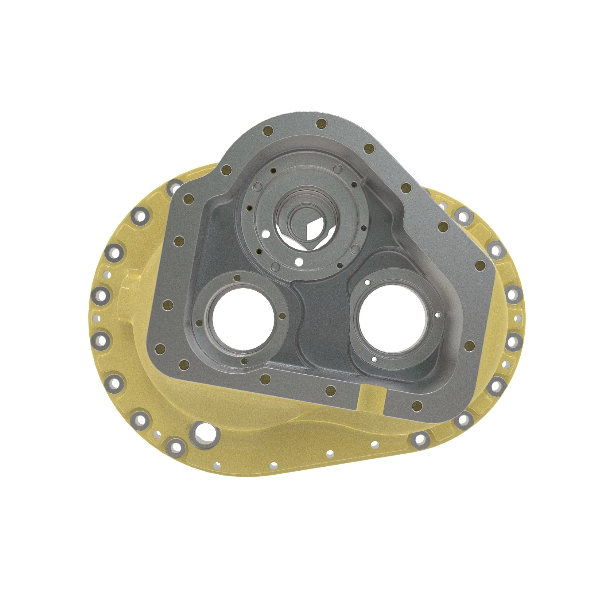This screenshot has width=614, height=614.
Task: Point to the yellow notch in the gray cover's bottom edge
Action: click(x=371, y=398)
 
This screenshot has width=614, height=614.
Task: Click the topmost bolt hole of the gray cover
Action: click(x=322, y=123)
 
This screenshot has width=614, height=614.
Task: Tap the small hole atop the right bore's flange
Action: click(x=367, y=282)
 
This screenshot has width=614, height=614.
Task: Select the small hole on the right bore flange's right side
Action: click(x=437, y=315)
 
